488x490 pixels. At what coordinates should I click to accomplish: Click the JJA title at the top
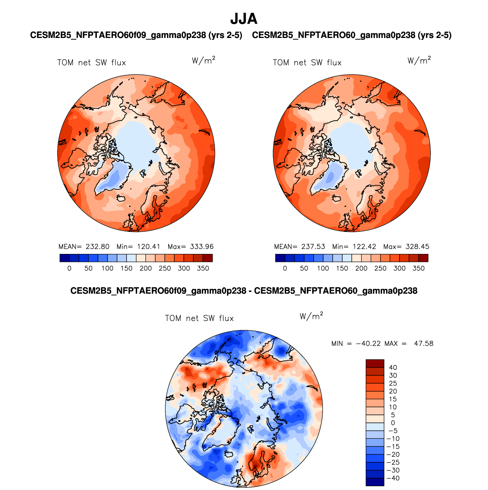click(244, 19)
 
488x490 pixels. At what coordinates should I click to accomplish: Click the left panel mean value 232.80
click(98, 246)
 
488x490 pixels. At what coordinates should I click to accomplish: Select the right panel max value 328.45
click(417, 246)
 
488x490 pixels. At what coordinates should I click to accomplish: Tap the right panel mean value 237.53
click(313, 246)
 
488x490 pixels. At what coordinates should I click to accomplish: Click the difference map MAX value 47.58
click(423, 343)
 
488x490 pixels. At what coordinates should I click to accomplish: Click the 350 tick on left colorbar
click(203, 268)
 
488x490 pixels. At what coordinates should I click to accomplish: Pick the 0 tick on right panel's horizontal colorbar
click(285, 268)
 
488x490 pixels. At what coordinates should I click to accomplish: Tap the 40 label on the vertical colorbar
click(393, 367)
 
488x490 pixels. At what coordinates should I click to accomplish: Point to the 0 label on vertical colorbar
click(393, 423)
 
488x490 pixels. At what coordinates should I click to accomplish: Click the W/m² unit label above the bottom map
click(311, 316)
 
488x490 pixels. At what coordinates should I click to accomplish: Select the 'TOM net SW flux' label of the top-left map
click(92, 63)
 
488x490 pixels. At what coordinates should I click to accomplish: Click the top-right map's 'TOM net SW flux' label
click(307, 63)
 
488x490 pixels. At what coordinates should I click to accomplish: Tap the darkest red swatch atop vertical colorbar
click(375, 363)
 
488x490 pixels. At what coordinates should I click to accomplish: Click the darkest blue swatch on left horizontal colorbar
click(65, 258)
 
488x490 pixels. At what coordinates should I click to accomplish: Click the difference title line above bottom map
click(244, 291)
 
